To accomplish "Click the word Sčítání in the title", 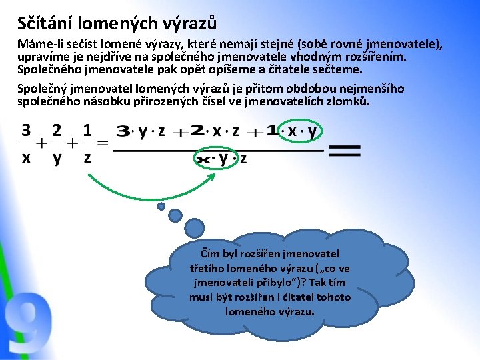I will pyautogui.click(x=45, y=23).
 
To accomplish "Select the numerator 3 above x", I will pyautogui.click(x=27, y=129).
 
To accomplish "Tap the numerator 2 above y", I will pyautogui.click(x=57, y=129).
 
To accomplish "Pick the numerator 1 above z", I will pyautogui.click(x=87, y=129).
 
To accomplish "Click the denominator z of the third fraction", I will pyautogui.click(x=87, y=158).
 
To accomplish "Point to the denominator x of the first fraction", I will pyautogui.click(x=27, y=158).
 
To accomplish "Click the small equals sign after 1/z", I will pyautogui.click(x=103, y=143).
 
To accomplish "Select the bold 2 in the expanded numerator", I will pyautogui.click(x=197, y=131).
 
